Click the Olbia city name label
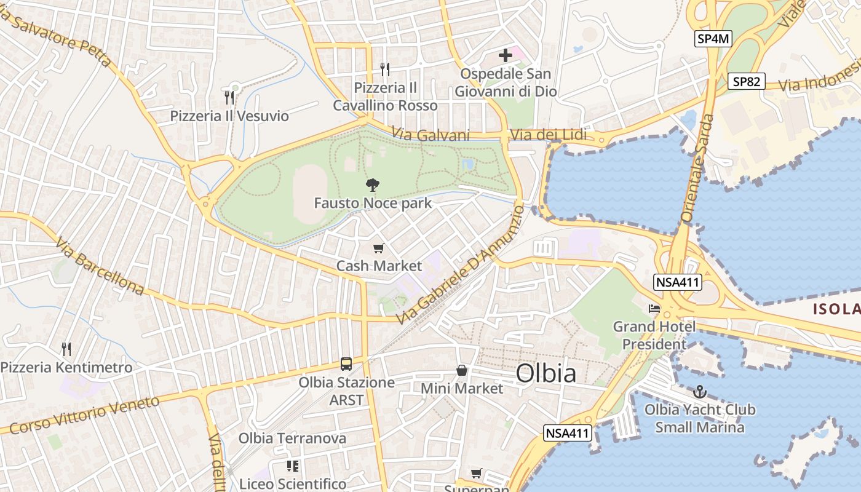click(546, 373)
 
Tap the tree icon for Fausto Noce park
click(372, 184)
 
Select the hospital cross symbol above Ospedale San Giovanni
click(505, 55)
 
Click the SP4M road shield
click(713, 39)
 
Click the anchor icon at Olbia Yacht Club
click(699, 392)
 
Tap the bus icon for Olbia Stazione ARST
click(346, 364)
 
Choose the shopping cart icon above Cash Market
click(378, 248)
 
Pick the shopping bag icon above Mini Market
click(462, 370)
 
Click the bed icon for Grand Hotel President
click(654, 308)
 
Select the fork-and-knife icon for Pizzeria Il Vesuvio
click(229, 97)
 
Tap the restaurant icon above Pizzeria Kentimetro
click(66, 349)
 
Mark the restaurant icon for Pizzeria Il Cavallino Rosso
click(385, 69)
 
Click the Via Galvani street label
click(430, 135)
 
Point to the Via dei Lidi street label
click(549, 135)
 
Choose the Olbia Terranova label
click(292, 438)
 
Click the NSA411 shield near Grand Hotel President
click(678, 283)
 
